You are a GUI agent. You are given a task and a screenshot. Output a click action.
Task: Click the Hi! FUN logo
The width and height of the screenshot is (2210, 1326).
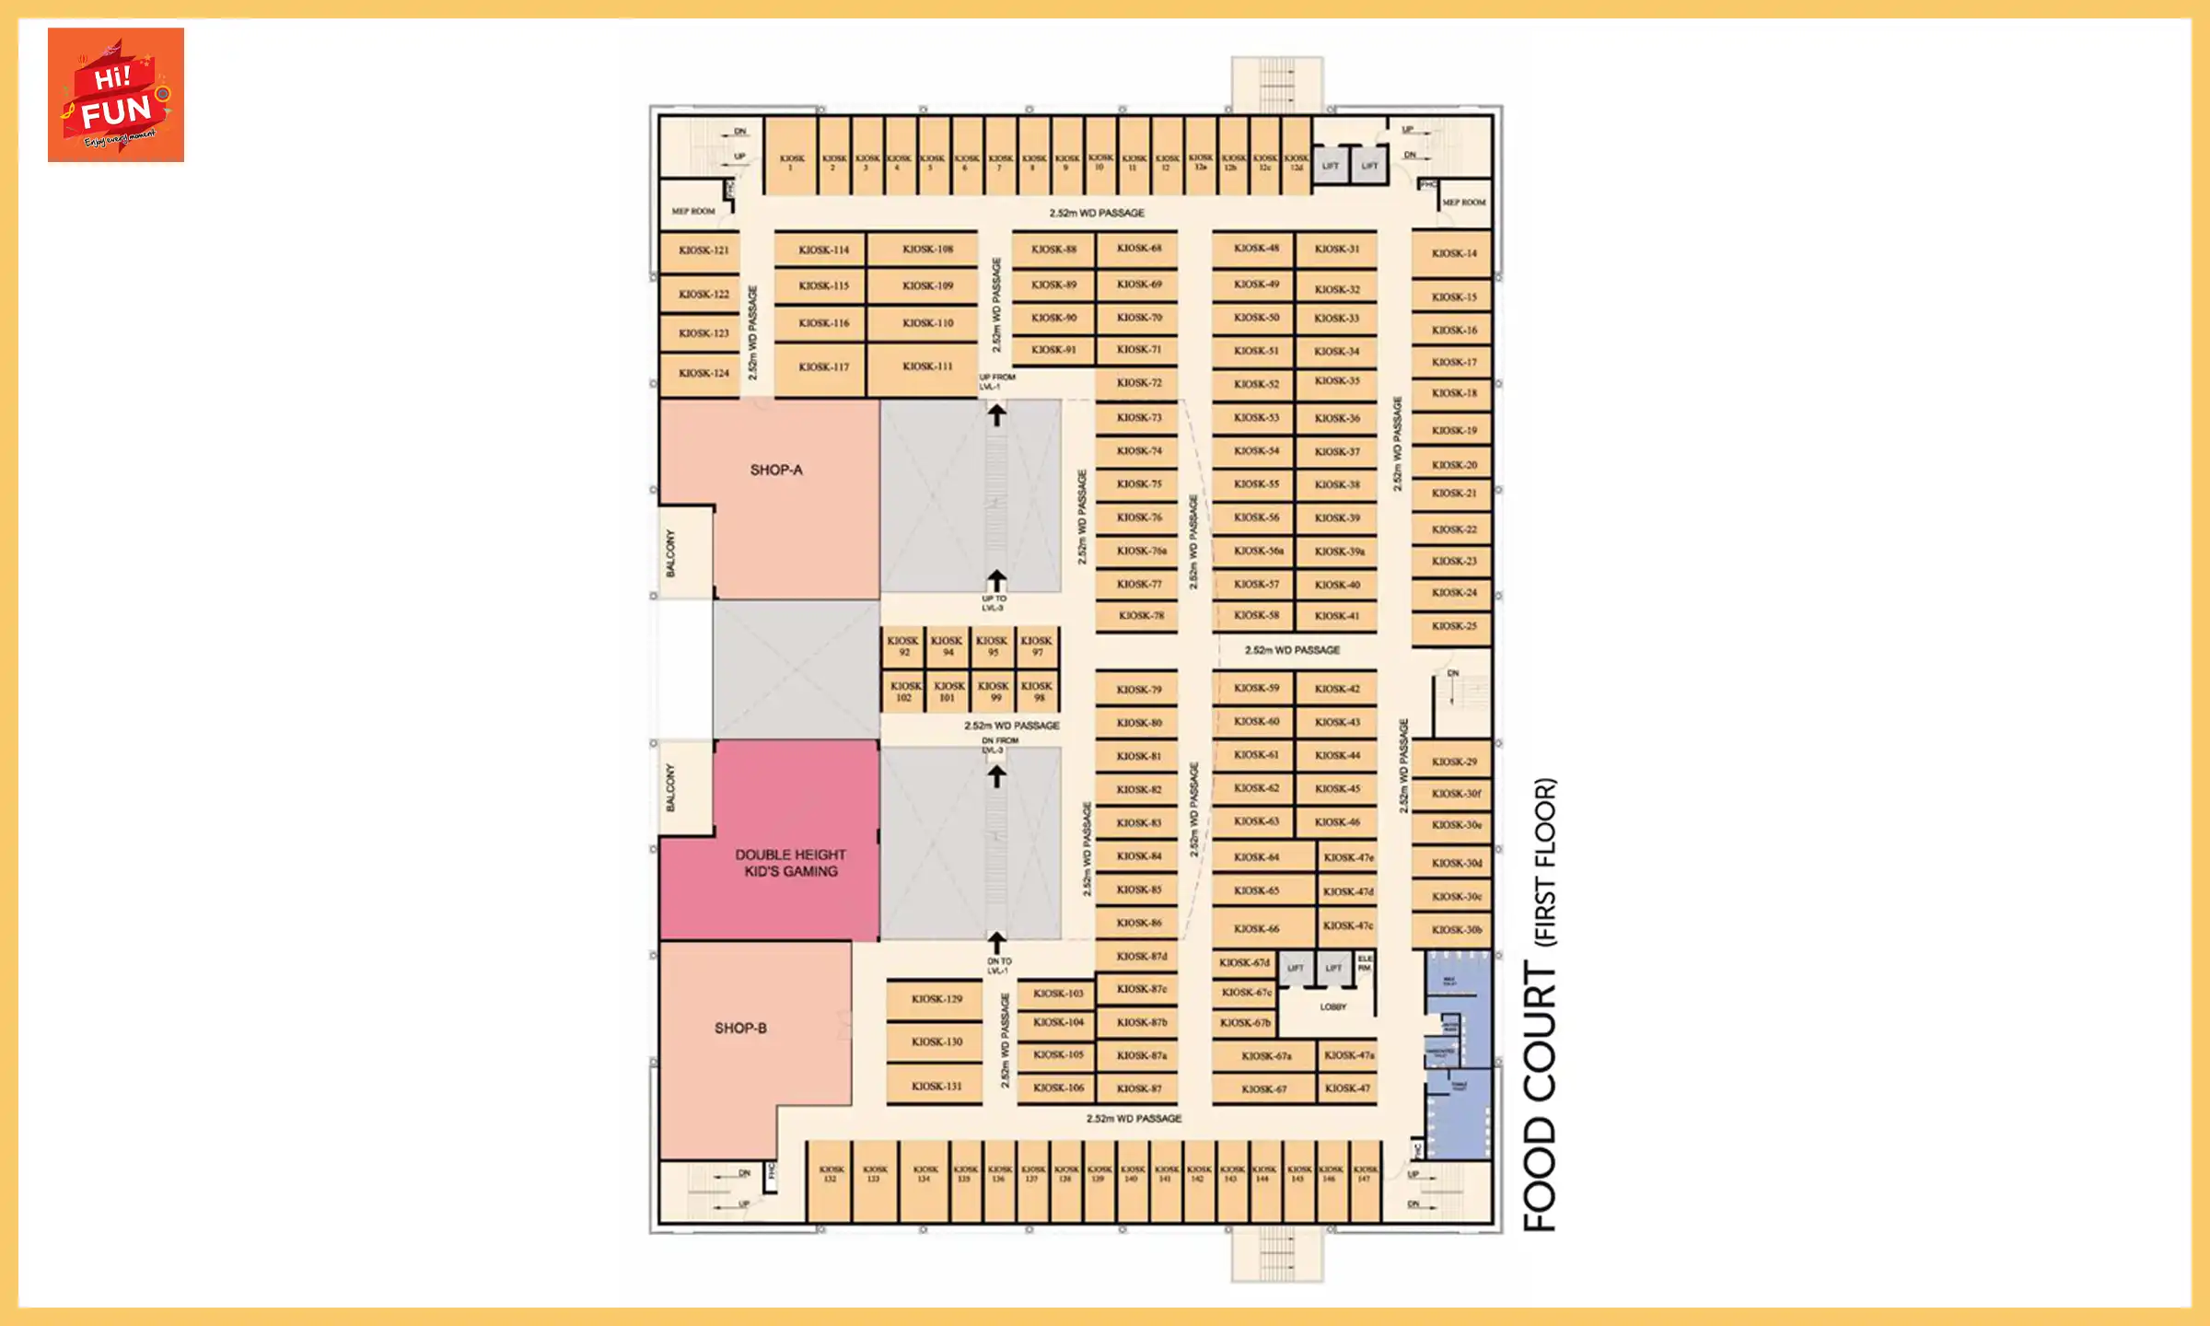[x=116, y=95]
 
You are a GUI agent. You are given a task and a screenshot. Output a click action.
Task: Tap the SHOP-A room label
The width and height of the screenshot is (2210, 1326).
[x=776, y=471]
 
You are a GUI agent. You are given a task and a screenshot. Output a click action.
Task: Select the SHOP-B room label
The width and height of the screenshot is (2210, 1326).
[x=740, y=1029]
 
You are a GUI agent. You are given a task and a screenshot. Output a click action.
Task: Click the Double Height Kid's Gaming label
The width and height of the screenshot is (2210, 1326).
[x=790, y=863]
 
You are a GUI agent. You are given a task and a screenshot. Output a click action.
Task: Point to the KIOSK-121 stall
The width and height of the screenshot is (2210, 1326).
[x=704, y=250]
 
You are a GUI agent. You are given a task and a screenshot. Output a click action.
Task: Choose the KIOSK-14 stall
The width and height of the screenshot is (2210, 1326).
[x=1454, y=253]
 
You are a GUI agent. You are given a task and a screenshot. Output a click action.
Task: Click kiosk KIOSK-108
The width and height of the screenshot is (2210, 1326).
[x=927, y=250]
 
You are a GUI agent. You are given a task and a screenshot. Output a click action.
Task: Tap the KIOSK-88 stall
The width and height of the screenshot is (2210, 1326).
[x=1053, y=250]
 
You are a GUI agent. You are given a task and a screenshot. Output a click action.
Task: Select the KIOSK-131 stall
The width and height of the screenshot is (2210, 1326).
[x=936, y=1087]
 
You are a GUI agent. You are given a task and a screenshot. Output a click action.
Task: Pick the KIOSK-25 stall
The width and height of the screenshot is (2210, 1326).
[x=1454, y=626]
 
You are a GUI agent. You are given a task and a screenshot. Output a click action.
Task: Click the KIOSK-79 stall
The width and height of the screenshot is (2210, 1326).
[x=1139, y=690]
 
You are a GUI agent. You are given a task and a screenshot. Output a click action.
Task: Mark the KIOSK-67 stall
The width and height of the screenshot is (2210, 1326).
[x=1263, y=1089]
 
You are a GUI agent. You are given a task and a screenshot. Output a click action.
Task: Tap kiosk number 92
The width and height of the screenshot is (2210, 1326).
[x=902, y=646]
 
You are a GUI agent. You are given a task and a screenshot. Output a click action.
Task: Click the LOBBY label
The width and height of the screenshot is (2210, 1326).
[x=1332, y=1007]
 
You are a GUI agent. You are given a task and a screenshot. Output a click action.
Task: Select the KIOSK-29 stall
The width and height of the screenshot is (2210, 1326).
[x=1454, y=762]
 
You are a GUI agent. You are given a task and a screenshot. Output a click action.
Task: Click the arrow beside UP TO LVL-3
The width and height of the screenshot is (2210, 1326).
[x=996, y=580]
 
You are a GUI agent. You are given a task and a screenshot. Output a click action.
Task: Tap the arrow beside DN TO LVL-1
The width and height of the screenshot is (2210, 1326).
[x=996, y=943]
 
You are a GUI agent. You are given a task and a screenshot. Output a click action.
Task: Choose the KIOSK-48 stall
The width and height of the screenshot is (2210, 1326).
[x=1256, y=249]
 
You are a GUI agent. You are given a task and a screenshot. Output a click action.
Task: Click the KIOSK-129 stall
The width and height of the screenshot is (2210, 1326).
[x=936, y=999]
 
